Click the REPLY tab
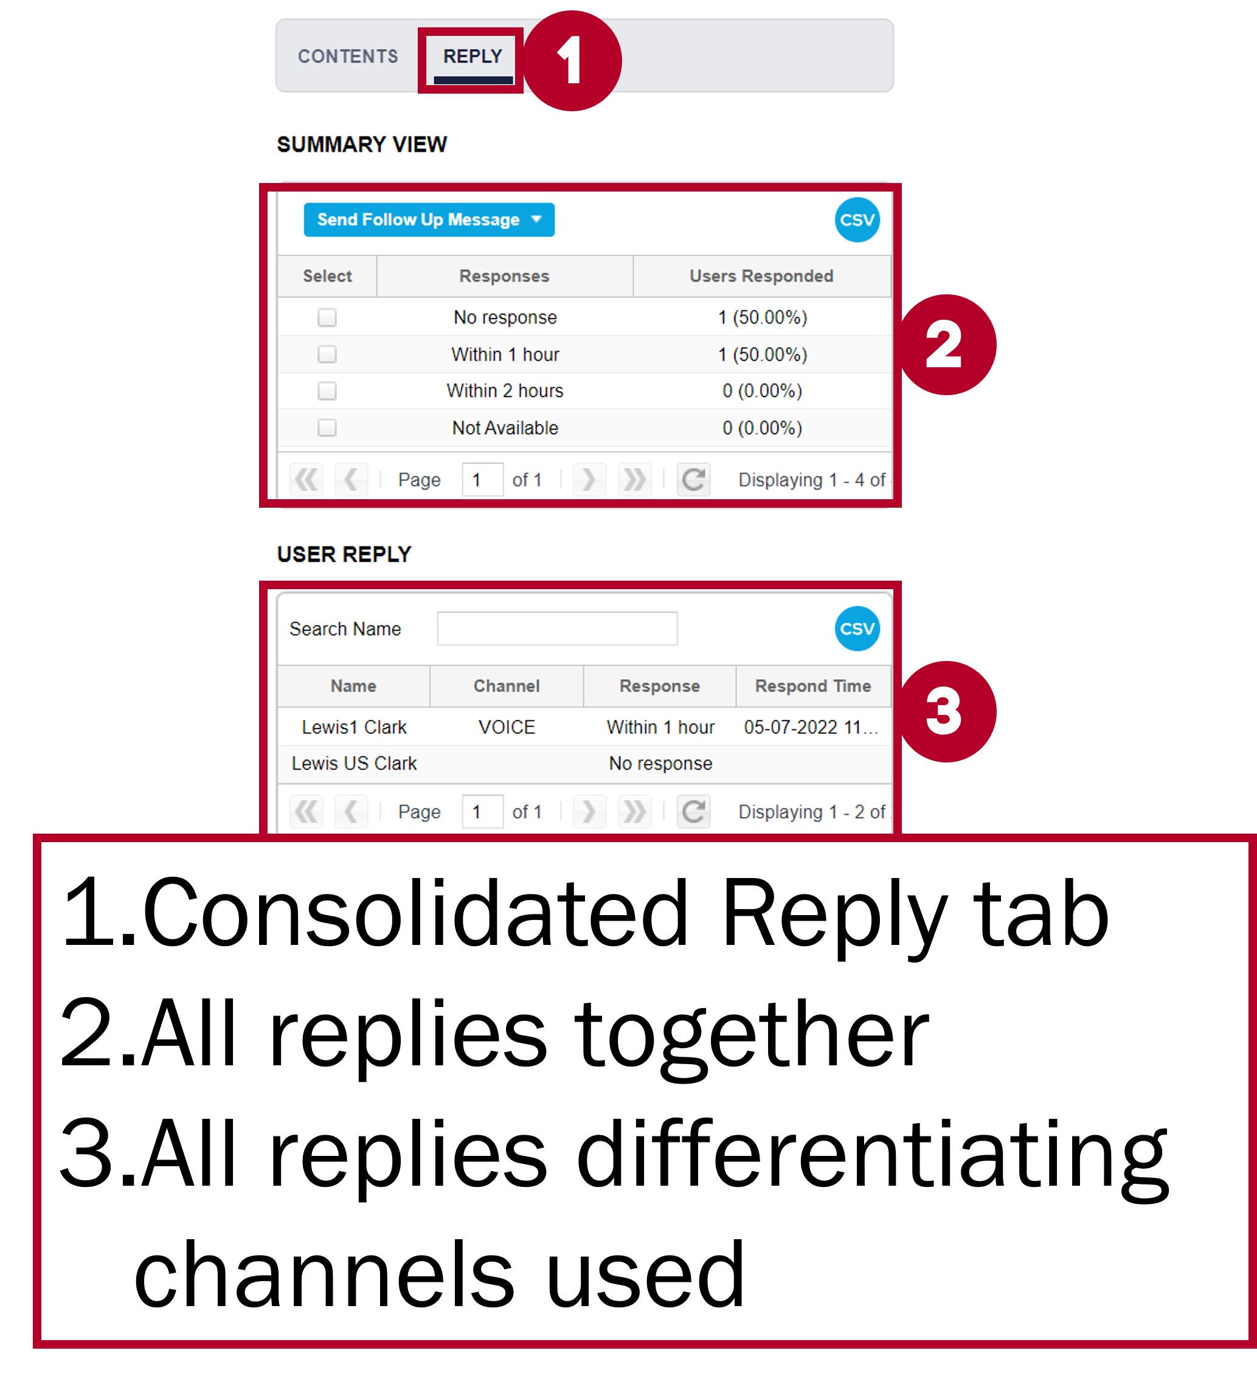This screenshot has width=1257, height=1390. click(473, 57)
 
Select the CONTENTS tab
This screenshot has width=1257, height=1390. click(348, 57)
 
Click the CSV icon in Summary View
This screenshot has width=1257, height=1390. click(857, 220)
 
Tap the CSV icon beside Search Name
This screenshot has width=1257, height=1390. click(857, 629)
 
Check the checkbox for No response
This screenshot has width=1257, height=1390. click(327, 317)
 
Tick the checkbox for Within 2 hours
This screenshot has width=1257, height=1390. click(327, 391)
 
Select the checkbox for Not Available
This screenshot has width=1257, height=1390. click(327, 428)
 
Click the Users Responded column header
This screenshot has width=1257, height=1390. click(761, 277)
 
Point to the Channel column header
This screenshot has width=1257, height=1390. click(507, 686)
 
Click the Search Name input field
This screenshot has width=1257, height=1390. click(557, 629)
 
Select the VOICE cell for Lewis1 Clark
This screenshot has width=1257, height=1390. click(507, 727)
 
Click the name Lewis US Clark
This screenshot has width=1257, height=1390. click(355, 763)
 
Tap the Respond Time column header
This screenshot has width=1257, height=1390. click(813, 686)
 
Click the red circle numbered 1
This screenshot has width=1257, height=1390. click(572, 61)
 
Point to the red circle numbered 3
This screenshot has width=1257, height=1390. click(946, 711)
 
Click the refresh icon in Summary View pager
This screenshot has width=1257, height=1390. click(694, 479)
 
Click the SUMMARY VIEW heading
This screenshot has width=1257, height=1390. click(362, 145)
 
